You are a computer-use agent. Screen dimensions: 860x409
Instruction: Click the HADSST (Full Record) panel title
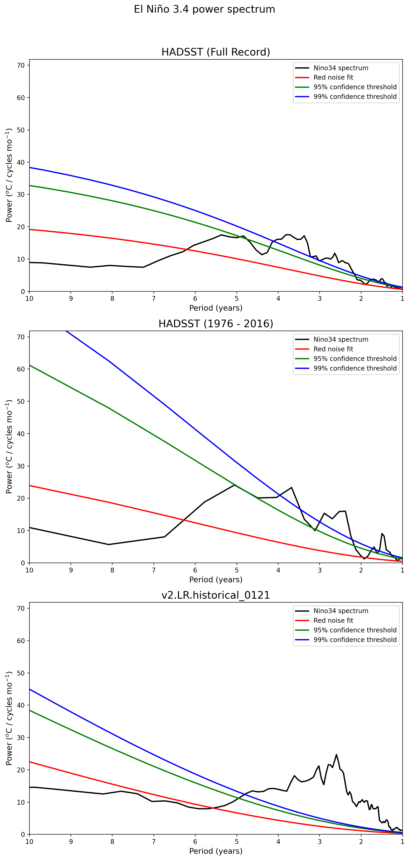coord(216,52)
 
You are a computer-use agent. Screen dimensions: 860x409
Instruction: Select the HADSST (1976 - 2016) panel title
coord(216,324)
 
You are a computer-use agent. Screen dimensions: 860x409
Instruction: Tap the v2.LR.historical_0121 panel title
coord(216,595)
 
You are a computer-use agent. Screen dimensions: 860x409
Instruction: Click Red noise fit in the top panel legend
coord(333,78)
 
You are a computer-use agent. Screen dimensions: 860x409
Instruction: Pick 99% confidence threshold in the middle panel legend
coord(355,368)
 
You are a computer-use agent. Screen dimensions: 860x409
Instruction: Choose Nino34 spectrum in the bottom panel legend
coord(340,611)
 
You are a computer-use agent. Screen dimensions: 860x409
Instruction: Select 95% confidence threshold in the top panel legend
coord(355,87)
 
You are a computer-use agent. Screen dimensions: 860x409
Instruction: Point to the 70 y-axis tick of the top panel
coord(21,65)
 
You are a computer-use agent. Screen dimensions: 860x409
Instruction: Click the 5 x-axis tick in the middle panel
coord(236,570)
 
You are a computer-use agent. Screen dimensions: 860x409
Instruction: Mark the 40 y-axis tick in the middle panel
coord(21,434)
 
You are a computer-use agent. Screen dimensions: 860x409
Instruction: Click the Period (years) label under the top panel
coord(216,308)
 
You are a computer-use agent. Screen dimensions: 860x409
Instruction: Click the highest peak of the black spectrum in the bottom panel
coord(336,754)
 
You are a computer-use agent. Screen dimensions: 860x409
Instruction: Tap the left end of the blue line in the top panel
coord(30,168)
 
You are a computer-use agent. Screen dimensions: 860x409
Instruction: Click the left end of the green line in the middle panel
coord(30,365)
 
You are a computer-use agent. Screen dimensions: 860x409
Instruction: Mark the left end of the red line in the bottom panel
coord(30,762)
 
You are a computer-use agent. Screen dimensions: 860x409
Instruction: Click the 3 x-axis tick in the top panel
coord(319,299)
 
